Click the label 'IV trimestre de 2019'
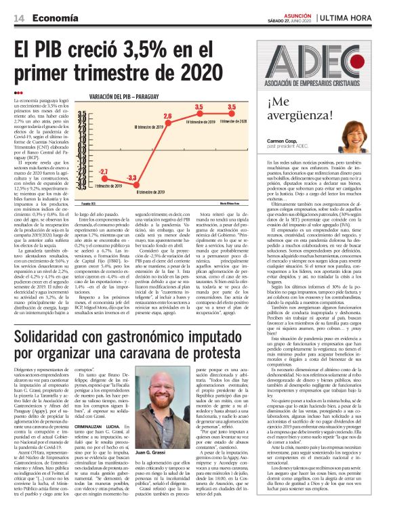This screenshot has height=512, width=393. (201, 121)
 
